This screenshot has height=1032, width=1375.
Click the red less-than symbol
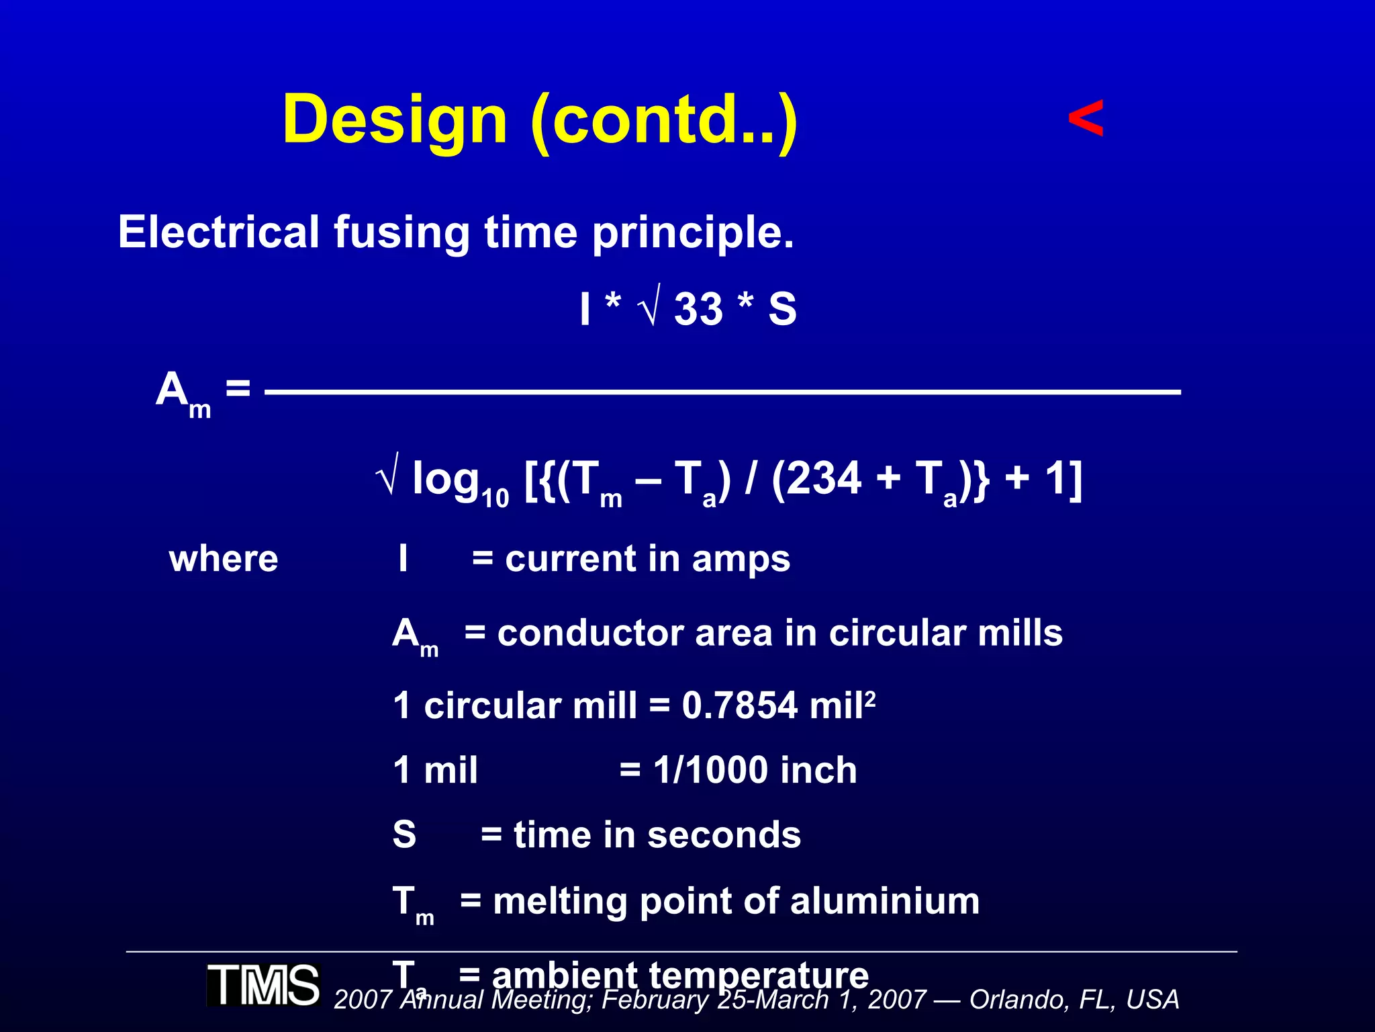(x=1086, y=119)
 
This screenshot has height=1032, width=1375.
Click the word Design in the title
(x=395, y=120)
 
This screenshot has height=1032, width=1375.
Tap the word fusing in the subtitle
(x=403, y=232)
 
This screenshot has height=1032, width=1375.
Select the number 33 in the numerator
(x=698, y=310)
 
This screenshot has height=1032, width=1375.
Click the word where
(x=224, y=559)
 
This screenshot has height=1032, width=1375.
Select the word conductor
(x=590, y=633)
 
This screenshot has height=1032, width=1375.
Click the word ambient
(x=564, y=974)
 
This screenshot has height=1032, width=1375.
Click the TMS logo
(x=263, y=985)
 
